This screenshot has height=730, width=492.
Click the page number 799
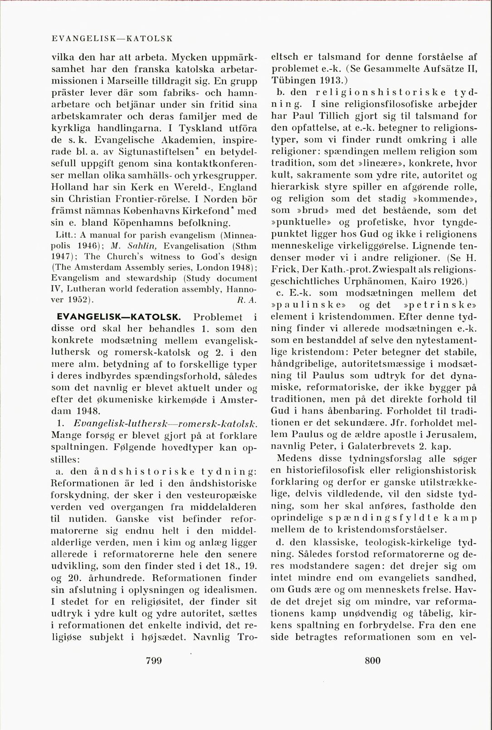point(154,660)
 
